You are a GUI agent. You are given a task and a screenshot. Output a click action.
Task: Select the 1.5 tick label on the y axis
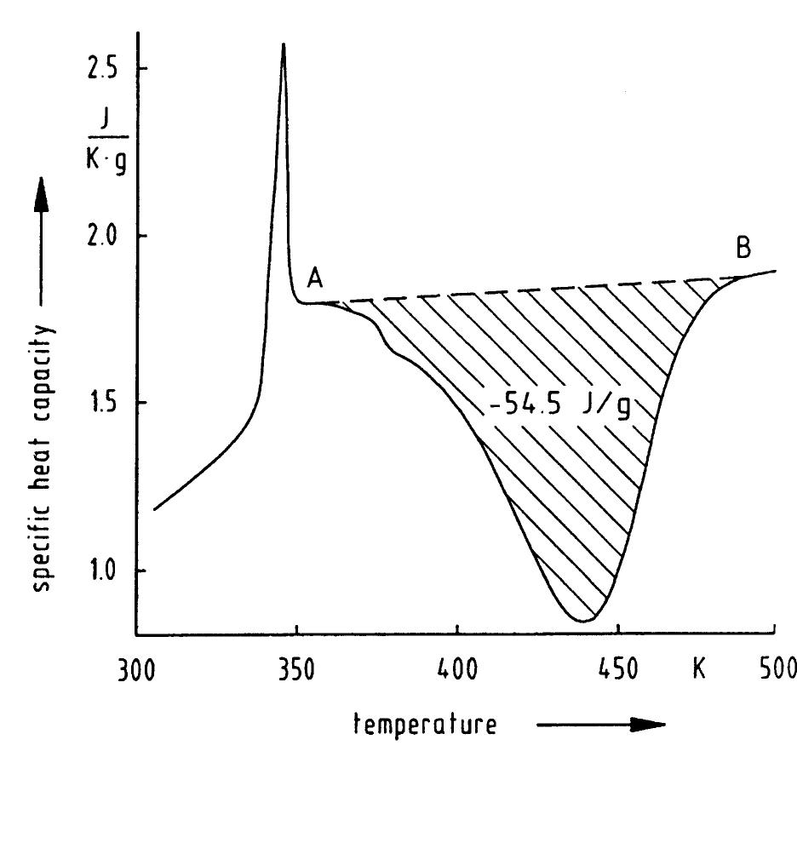pos(103,403)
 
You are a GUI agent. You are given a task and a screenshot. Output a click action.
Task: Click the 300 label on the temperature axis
pos(136,668)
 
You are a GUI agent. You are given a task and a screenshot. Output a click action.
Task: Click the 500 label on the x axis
pos(776,668)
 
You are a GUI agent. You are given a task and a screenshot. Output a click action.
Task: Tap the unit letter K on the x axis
pos(698,668)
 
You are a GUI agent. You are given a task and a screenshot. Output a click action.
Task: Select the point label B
pos(743,249)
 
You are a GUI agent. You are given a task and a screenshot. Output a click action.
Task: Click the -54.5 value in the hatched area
pos(525,405)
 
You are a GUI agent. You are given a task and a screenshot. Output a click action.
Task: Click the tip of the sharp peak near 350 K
pos(284,44)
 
